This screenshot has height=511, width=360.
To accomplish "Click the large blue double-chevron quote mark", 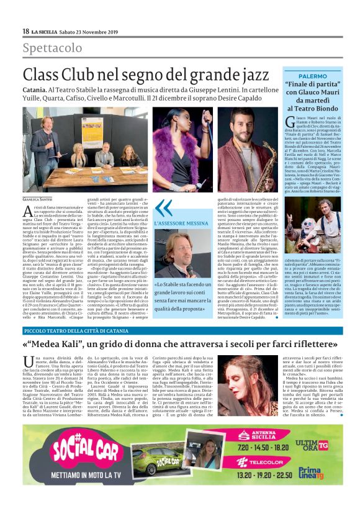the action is [163, 208].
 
